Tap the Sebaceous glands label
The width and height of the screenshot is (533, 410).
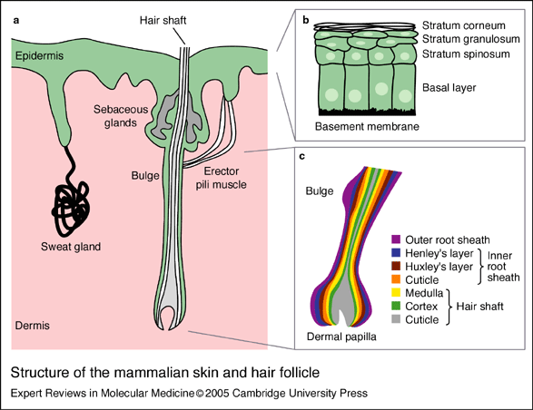(121, 116)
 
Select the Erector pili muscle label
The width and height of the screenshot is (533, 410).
(221, 178)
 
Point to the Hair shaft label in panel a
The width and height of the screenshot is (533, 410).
(163, 20)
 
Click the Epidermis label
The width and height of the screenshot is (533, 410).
(39, 55)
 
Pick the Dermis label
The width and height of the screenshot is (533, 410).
(33, 326)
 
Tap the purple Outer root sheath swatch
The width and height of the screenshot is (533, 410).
(396, 239)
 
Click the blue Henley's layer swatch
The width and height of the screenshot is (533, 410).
(396, 253)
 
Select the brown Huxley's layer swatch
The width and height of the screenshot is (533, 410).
(396, 266)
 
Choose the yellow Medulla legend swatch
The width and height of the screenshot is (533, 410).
(396, 292)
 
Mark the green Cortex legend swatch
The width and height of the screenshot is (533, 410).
(396, 306)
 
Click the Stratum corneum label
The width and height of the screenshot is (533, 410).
(464, 25)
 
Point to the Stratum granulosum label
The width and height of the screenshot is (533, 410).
(470, 39)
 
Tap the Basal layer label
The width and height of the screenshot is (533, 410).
(449, 88)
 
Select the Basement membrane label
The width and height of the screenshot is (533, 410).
(367, 126)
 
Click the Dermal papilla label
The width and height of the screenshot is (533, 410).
(341, 337)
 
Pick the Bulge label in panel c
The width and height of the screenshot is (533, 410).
(320, 190)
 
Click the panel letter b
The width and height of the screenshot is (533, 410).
(306, 20)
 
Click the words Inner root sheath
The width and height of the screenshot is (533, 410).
(503, 267)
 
